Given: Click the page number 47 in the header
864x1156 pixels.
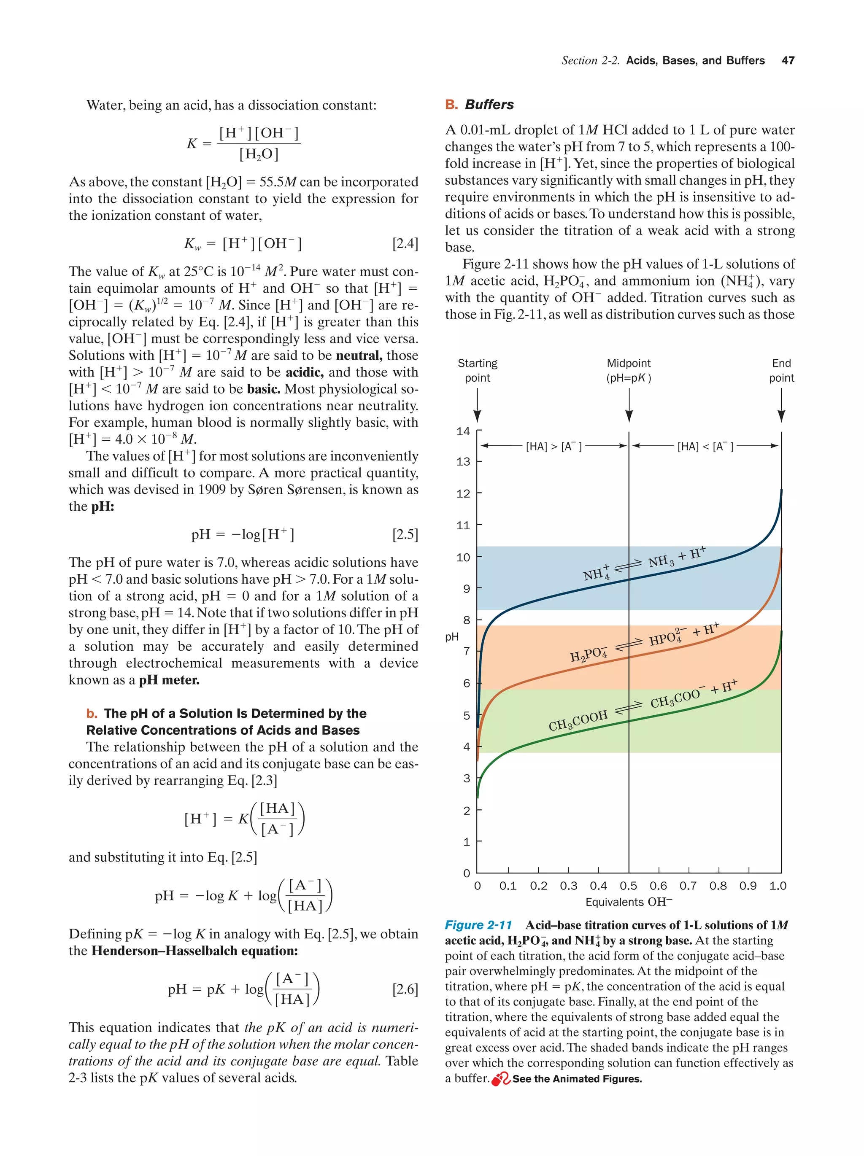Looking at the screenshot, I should coord(788,61).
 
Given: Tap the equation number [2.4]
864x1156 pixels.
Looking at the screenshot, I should coord(405,243).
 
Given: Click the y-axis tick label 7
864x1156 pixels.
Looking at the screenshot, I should coord(466,651).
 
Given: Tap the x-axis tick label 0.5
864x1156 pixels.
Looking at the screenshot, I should coord(628,885).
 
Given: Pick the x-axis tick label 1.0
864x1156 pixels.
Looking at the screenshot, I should coord(777,885).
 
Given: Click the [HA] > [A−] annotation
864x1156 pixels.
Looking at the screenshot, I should coord(553,446).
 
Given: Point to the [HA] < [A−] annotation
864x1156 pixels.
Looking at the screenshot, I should coord(705,446).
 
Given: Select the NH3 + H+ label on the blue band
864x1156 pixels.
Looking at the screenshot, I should coord(676,558).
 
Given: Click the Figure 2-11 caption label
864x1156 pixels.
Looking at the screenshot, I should coord(478,924).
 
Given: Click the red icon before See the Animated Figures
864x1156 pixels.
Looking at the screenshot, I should coord(500,1079).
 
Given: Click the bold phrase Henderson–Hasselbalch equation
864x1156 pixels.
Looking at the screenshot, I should coord(194,950).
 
